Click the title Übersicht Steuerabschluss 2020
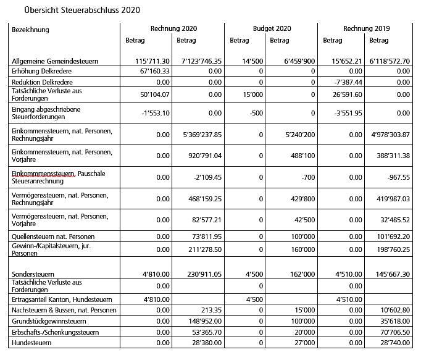click(x=82, y=10)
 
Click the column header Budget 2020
click(x=272, y=28)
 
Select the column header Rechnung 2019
click(x=367, y=28)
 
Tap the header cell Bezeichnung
click(x=30, y=29)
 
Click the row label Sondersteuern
click(x=33, y=274)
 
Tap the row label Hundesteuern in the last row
click(x=32, y=342)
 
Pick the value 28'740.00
click(x=393, y=342)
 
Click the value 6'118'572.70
click(x=389, y=61)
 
